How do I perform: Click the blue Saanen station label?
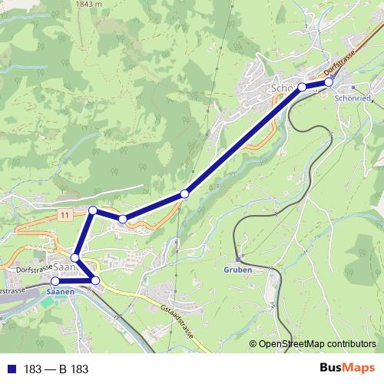pos(60,293)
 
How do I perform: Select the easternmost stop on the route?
pos(328,81)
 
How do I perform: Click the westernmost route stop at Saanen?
pos(55,281)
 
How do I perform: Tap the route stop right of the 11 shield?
pos(93,210)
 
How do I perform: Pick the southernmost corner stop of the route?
pos(95,281)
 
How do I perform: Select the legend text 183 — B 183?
pos(56,369)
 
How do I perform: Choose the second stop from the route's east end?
pos(302,87)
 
